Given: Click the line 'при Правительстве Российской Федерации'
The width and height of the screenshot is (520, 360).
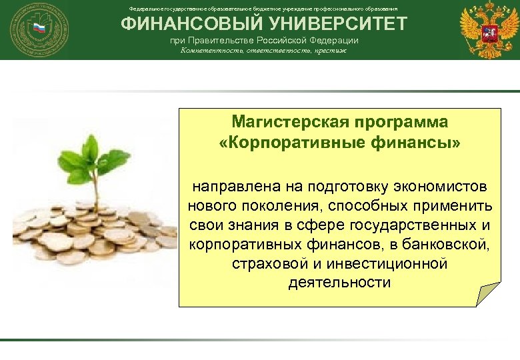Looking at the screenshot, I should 263,41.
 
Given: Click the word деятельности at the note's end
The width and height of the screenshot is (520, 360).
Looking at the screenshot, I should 339,282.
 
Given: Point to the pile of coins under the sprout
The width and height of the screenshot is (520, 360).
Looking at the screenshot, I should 87,230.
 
